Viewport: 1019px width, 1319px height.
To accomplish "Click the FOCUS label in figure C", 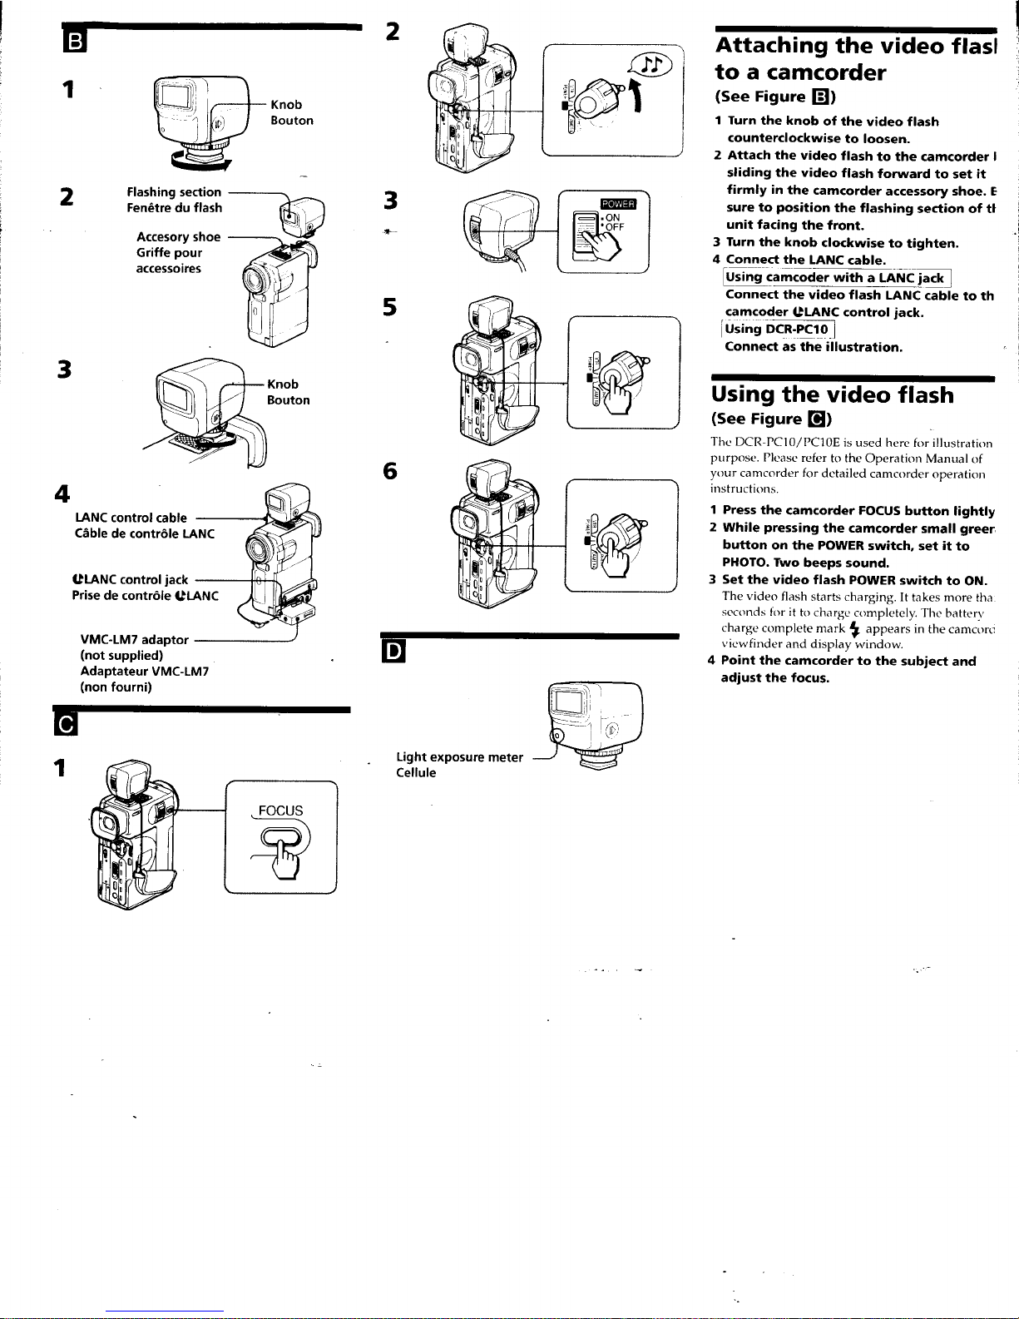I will (280, 811).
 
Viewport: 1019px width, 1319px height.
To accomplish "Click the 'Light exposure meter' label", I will (459, 757).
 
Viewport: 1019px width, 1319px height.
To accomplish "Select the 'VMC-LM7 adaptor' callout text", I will (134, 641).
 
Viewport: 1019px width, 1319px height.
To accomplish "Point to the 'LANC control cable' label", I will (131, 518).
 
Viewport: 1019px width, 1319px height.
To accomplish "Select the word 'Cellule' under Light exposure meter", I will (416, 773).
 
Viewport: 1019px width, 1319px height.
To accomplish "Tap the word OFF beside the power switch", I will (614, 227).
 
